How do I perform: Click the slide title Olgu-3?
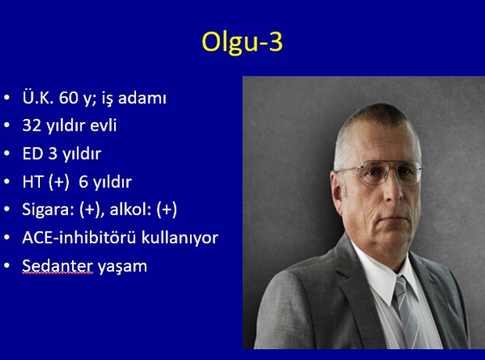tap(242, 42)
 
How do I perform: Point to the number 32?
tap(31, 125)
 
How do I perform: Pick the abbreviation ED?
tap(33, 153)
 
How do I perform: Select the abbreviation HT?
tap(33, 182)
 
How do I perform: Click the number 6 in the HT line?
tap(83, 182)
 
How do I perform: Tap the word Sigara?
tap(46, 210)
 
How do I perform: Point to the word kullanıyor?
tap(180, 238)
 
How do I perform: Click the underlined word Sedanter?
tap(58, 266)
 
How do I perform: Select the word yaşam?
tap(123, 267)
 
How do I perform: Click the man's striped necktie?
tap(406, 312)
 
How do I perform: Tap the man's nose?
tap(393, 190)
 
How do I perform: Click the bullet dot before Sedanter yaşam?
tap(7, 265)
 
